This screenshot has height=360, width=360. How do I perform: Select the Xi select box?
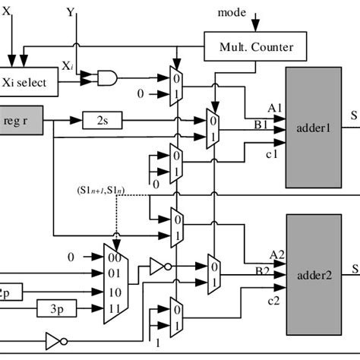click(29, 82)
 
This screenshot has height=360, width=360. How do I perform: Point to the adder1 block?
click(313, 128)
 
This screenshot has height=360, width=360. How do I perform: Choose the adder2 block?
click(313, 275)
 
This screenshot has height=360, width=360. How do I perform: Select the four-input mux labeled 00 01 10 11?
click(115, 281)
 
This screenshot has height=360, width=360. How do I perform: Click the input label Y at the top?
click(70, 12)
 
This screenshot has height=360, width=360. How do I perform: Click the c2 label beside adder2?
click(273, 301)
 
